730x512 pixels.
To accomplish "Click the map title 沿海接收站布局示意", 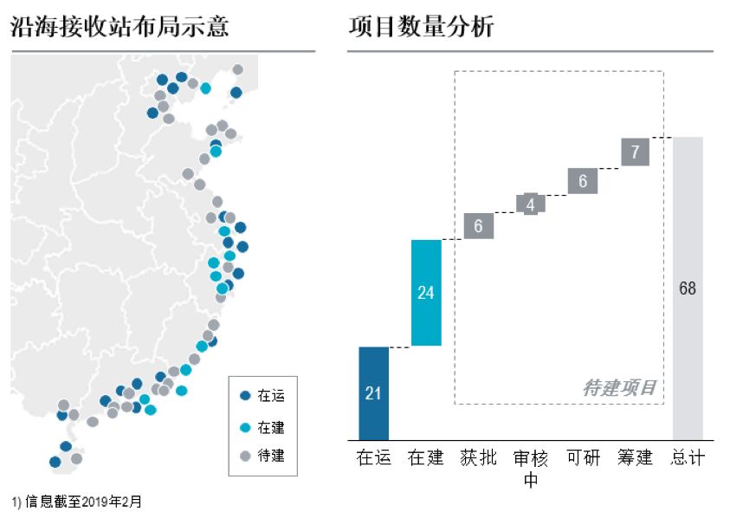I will click(x=120, y=27).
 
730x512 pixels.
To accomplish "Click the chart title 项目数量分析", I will click(x=421, y=27).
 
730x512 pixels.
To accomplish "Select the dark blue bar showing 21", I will click(x=373, y=393).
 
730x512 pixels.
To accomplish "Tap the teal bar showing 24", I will click(x=425, y=292).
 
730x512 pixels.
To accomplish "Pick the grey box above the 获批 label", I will click(x=478, y=225).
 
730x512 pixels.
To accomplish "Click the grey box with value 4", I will click(x=531, y=204).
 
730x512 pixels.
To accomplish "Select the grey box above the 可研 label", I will click(x=583, y=181).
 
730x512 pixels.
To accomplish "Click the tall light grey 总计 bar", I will click(x=688, y=288).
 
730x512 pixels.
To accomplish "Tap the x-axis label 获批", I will click(x=478, y=458).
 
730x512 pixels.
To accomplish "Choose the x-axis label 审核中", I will click(x=531, y=467).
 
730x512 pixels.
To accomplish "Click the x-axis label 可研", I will click(x=583, y=458).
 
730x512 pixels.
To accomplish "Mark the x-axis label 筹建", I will click(x=635, y=458).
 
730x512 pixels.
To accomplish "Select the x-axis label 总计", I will click(x=688, y=458).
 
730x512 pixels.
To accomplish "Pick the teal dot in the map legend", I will click(x=245, y=427).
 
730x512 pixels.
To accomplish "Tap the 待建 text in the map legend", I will click(x=271, y=455).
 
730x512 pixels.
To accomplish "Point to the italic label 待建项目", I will click(x=620, y=387).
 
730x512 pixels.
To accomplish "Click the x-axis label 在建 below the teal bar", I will click(x=425, y=458).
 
